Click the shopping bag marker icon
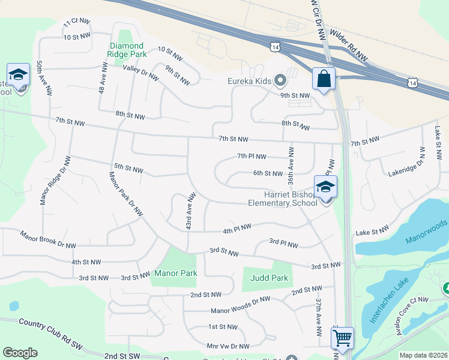click(x=324, y=79)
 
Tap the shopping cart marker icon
click(x=342, y=338)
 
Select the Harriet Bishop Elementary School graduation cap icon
click(x=325, y=187)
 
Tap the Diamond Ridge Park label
click(x=127, y=50)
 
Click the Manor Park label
click(x=176, y=273)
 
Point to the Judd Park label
click(x=269, y=278)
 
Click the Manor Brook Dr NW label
click(x=48, y=241)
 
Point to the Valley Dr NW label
click(x=140, y=73)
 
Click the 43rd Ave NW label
click(x=190, y=211)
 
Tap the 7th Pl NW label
click(x=251, y=157)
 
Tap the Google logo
click(x=20, y=352)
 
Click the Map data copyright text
click(x=424, y=355)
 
